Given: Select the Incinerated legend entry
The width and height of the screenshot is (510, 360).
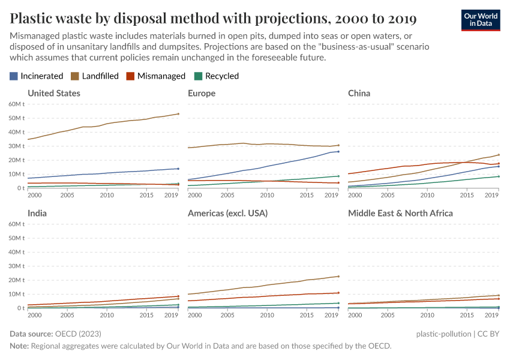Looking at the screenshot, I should pyautogui.click(x=37, y=76).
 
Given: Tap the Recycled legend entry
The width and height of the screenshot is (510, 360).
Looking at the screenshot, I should pyautogui.click(x=217, y=76).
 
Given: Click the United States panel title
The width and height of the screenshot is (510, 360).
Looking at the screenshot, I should pyautogui.click(x=54, y=93).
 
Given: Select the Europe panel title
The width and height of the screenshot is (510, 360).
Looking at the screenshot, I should pyautogui.click(x=202, y=93).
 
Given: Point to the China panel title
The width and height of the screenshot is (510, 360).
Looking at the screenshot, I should pyautogui.click(x=359, y=93).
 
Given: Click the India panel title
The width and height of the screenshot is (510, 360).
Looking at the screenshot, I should pyautogui.click(x=37, y=213).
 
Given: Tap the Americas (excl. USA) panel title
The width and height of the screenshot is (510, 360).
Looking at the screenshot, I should pyautogui.click(x=227, y=213).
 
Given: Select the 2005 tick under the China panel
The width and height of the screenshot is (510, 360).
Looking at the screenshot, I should pyautogui.click(x=387, y=196).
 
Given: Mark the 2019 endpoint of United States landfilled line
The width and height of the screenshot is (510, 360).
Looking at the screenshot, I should pyautogui.click(x=178, y=114).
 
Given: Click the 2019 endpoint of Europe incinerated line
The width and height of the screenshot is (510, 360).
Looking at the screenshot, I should pyautogui.click(x=338, y=151).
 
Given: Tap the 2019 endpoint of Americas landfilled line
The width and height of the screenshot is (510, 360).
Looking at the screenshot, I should pyautogui.click(x=338, y=277).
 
